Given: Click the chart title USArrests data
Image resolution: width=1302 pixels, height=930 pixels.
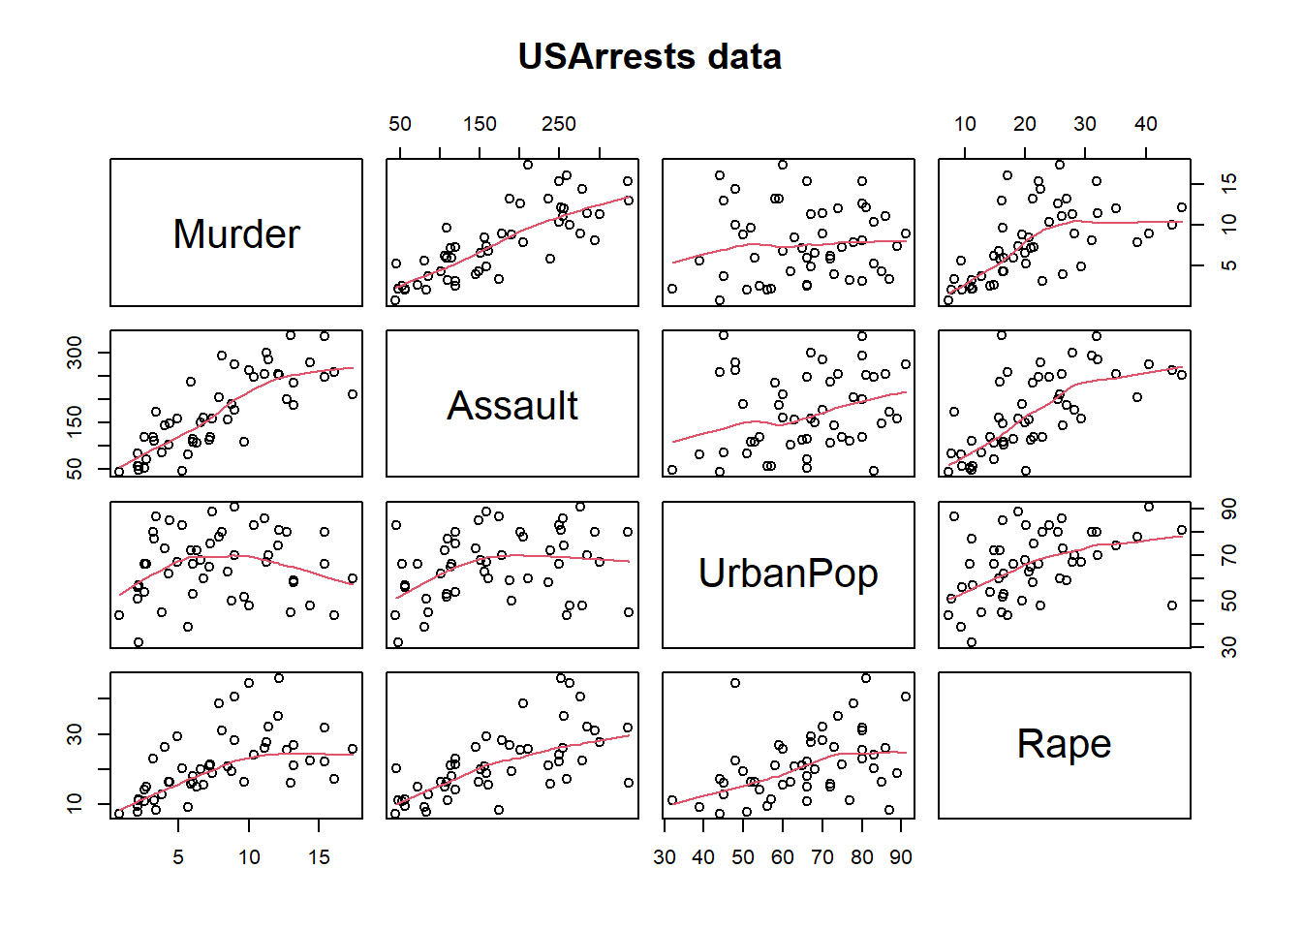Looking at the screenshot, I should pos(649,56).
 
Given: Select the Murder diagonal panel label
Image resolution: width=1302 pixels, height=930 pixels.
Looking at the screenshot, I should pos(236,234).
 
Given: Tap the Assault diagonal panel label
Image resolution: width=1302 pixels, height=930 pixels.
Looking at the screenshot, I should pos(512,406).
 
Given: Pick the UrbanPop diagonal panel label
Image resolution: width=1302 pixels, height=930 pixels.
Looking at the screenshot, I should pos(788,573).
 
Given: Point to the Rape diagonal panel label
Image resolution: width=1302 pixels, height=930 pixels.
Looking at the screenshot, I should pos(1064,744).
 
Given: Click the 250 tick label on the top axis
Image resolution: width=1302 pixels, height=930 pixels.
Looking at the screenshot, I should pos(559,124).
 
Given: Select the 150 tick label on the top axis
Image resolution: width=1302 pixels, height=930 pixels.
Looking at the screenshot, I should pos(480,124).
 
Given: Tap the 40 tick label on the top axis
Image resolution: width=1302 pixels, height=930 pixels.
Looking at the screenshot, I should pos(1146,124).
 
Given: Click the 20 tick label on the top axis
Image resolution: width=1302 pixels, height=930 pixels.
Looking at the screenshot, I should pos(1025,124).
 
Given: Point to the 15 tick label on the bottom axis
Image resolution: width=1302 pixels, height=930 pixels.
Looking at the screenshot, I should pos(319,857).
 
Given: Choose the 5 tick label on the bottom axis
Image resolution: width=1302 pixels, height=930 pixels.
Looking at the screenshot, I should pos(178,857).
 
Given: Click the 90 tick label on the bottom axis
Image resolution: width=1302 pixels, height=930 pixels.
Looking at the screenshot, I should pos(901,857).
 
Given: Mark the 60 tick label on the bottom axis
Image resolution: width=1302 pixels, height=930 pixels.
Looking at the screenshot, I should pos(783,857).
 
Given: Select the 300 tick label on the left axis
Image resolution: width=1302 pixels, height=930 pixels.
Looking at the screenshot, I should pos(75,352).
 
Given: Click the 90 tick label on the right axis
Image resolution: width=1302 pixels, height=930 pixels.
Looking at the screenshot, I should pos(1229,509).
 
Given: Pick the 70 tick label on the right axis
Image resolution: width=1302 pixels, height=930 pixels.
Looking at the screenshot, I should pos(1229,555).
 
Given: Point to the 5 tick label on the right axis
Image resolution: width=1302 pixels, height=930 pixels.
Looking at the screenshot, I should pos(1229,264).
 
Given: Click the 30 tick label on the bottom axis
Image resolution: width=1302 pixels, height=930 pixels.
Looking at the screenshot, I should pos(665,857).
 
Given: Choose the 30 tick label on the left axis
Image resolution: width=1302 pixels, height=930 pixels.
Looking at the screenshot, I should pos(75,734).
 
